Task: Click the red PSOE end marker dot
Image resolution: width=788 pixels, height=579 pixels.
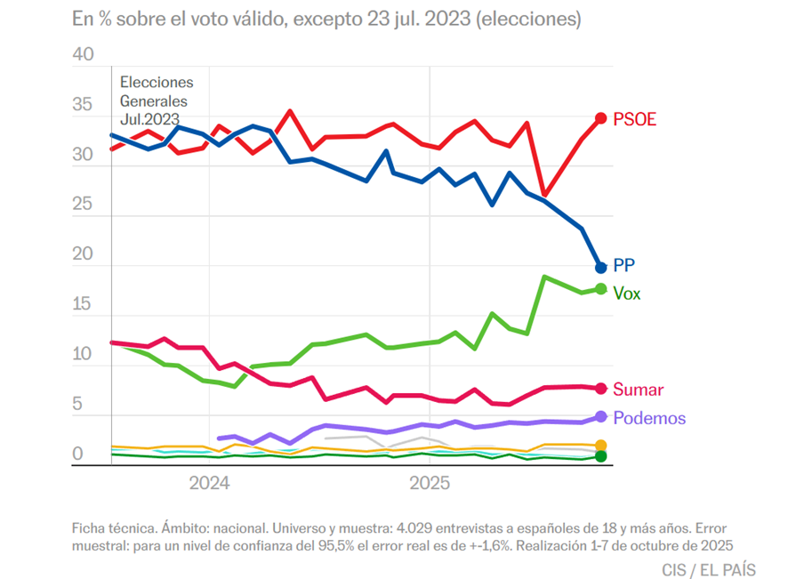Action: point(600,118)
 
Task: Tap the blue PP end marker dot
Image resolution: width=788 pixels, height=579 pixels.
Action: point(601,267)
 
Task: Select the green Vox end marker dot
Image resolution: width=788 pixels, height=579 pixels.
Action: point(600,289)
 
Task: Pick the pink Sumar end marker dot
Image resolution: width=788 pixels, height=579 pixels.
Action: point(600,389)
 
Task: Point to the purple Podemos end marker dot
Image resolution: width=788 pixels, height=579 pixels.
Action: point(600,416)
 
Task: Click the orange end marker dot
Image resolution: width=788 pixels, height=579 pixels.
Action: point(600,446)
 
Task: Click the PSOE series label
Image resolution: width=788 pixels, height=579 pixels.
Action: point(634,119)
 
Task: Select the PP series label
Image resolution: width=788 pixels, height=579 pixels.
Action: point(624,265)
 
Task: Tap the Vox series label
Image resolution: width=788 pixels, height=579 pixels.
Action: point(627,293)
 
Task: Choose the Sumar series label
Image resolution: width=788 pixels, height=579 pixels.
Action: point(639,390)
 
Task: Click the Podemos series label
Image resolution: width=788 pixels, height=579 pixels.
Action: point(649,418)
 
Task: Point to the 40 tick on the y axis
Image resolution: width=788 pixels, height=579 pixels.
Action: point(83,55)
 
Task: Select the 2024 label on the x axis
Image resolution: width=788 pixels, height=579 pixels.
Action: point(209,484)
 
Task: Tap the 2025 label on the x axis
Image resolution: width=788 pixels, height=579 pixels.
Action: point(430,484)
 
